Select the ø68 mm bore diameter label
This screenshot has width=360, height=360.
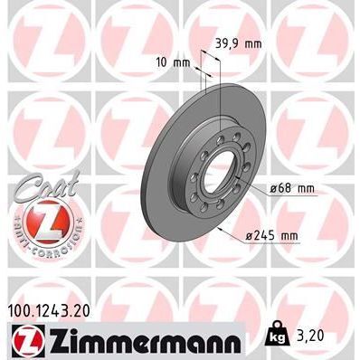click(x=291, y=188)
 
